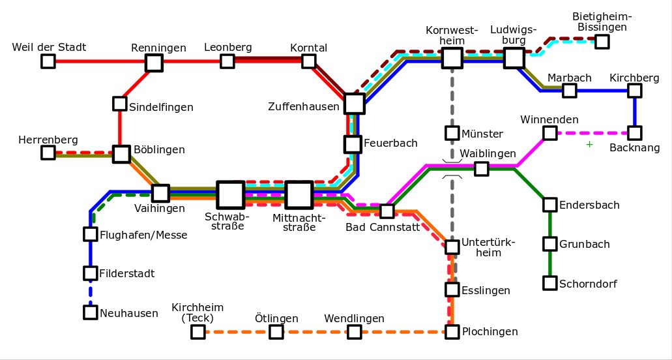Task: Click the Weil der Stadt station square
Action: tap(48, 61)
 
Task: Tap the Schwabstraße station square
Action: tap(231, 195)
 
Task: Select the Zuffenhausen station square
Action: tap(355, 103)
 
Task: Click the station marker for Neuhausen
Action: tap(91, 312)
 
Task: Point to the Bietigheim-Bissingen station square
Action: tap(602, 42)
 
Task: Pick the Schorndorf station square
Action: tap(550, 283)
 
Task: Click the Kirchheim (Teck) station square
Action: tap(197, 332)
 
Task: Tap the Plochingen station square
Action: tap(452, 332)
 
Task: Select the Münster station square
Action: tap(452, 133)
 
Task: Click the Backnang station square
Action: tap(635, 133)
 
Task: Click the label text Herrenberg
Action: tap(48, 140)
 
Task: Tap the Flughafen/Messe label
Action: tap(143, 235)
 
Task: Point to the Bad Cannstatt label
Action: tap(383, 227)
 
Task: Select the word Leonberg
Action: tap(228, 47)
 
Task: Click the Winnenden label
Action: tap(549, 119)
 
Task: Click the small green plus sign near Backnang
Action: tap(589, 144)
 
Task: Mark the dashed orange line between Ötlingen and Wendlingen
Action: tap(315, 332)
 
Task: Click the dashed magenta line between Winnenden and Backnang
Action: tap(592, 133)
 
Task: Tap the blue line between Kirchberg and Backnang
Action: tap(635, 112)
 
